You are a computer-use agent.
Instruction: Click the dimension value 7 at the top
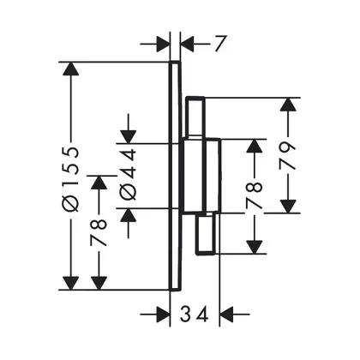coord(220,44)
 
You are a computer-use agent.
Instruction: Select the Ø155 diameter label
coord(71,179)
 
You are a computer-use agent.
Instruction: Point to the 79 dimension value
coord(287,156)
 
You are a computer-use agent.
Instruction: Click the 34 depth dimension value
coord(195,315)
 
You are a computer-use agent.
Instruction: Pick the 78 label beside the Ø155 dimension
coord(99,232)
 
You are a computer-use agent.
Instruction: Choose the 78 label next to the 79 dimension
coord(254,196)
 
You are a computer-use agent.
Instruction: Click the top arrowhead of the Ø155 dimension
coord(71,69)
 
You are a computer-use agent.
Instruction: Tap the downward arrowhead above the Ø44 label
coord(129,136)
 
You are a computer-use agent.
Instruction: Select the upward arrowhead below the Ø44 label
coord(129,216)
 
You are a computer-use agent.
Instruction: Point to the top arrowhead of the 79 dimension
coord(288,105)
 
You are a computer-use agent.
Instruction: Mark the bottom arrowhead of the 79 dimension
coord(288,207)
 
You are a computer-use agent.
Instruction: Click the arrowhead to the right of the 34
coord(226,315)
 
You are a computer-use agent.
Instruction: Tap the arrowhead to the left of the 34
coord(164,315)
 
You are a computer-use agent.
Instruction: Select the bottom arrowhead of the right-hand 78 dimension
coord(255,247)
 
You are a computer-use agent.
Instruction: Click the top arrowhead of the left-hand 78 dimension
coord(99,183)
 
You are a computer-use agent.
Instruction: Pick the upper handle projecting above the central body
coord(195,117)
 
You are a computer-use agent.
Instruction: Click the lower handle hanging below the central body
coord(205,234)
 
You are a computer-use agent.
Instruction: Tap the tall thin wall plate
coord(176,176)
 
